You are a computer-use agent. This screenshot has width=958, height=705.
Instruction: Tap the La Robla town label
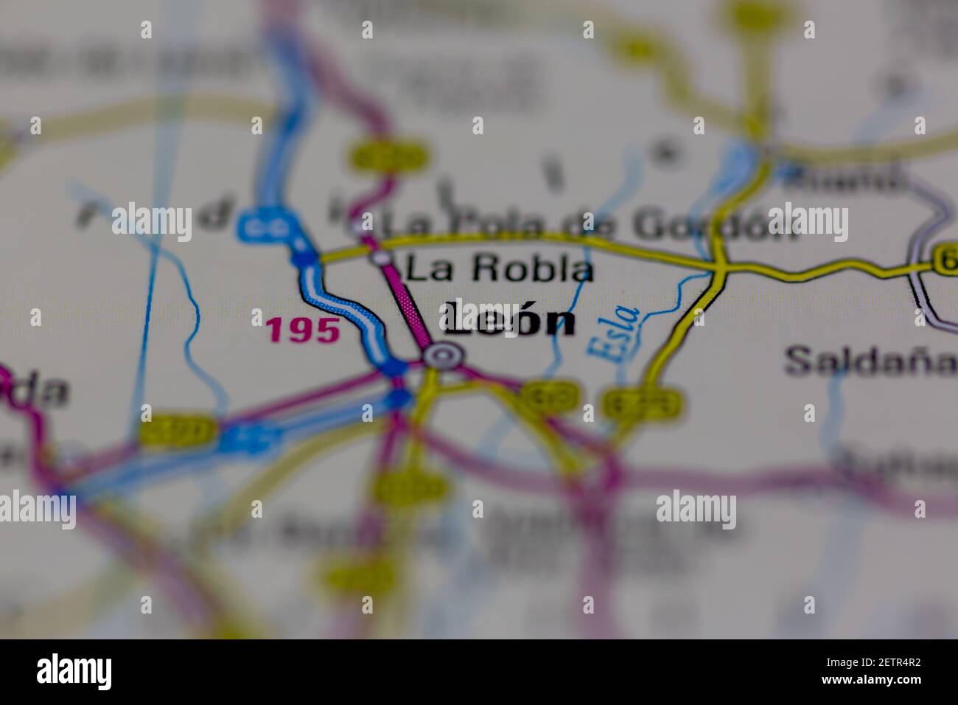click(499, 270)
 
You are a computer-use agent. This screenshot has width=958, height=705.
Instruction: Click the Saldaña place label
click(870, 361)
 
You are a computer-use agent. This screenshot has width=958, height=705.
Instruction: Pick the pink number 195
click(304, 331)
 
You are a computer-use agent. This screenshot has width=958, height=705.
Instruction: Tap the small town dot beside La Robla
click(381, 257)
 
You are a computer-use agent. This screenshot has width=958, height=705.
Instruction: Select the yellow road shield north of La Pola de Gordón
click(388, 156)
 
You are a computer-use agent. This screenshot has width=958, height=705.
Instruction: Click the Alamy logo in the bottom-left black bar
click(74, 672)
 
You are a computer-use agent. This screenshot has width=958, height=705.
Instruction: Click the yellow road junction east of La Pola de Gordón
click(720, 265)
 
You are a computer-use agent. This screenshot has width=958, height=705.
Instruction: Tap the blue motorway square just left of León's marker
click(396, 367)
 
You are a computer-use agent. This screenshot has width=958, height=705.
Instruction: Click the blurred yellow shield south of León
click(411, 487)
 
